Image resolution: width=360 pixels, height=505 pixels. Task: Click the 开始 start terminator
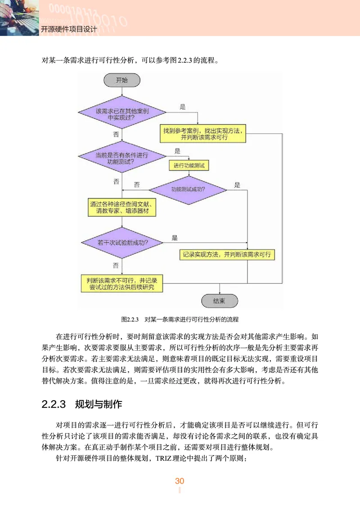point(122,81)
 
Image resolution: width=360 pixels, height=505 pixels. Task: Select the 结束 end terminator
point(219,301)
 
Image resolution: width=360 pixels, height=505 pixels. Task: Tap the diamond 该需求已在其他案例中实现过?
point(122,113)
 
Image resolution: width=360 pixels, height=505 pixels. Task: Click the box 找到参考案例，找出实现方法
point(204,134)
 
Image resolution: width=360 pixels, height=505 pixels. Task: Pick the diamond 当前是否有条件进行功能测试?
point(122,158)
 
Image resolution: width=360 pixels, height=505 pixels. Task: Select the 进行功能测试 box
point(189,166)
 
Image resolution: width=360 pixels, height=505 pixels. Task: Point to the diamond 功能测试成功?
point(188,189)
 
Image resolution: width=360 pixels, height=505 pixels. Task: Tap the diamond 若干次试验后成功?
point(122,242)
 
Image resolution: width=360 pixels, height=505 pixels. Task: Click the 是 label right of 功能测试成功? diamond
point(237,185)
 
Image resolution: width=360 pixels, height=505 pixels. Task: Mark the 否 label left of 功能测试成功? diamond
point(137,185)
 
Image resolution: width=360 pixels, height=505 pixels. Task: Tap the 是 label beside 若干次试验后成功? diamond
point(175,238)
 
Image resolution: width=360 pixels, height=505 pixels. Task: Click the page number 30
point(180,481)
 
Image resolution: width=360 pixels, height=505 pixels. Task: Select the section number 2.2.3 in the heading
point(54,404)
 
